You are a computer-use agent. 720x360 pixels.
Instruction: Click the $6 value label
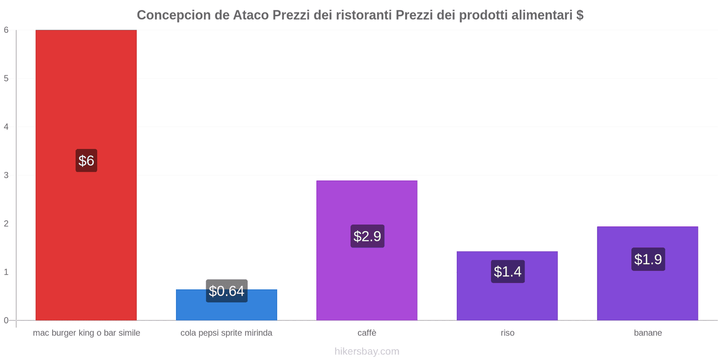86,161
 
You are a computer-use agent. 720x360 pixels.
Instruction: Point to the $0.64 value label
227,291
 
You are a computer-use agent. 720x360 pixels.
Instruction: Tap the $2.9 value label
367,236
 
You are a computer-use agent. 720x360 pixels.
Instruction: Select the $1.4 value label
508,271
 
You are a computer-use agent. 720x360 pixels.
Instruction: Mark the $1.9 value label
648,259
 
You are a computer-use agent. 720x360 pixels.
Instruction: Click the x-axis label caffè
367,333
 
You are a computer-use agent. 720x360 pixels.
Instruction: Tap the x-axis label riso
507,333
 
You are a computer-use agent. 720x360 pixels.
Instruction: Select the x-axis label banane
648,333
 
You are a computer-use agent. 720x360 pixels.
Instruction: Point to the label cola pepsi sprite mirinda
226,333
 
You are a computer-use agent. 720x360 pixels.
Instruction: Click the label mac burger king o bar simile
86,333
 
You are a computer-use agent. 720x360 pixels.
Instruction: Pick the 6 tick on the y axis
6,30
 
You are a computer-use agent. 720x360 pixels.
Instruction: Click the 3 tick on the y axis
6,175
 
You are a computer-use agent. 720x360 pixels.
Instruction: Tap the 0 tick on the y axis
6,320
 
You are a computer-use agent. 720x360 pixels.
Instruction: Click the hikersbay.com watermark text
367,351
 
